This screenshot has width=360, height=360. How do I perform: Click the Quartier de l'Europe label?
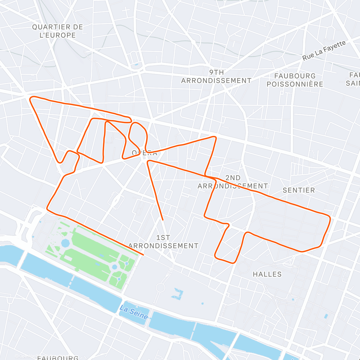pyautogui.click(x=57, y=31)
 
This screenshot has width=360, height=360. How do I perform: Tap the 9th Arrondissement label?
pyautogui.click(x=216, y=76)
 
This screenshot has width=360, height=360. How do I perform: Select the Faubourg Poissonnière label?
pyautogui.click(x=295, y=80)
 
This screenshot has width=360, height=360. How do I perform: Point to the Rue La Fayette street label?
pyautogui.click(x=324, y=50)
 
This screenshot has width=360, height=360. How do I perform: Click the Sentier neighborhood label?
pyautogui.click(x=299, y=190)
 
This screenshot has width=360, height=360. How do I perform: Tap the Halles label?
pyautogui.click(x=267, y=274)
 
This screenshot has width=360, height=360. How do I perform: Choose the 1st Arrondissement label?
pyautogui.click(x=163, y=242)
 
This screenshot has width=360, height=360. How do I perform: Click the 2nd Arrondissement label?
pyautogui.click(x=233, y=182)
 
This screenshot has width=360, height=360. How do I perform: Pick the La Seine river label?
pyautogui.click(x=134, y=312)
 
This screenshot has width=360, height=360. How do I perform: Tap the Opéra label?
pyautogui.click(x=145, y=153)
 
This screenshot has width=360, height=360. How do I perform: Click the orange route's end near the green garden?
pyautogui.click(x=143, y=255)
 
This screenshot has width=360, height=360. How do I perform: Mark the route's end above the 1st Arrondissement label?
pyautogui.click(x=162, y=220)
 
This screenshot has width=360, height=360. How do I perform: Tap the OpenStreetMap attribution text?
pyautogui.click(x=30, y=356)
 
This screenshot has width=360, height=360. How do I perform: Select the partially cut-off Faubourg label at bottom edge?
pyautogui.click(x=58, y=358)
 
